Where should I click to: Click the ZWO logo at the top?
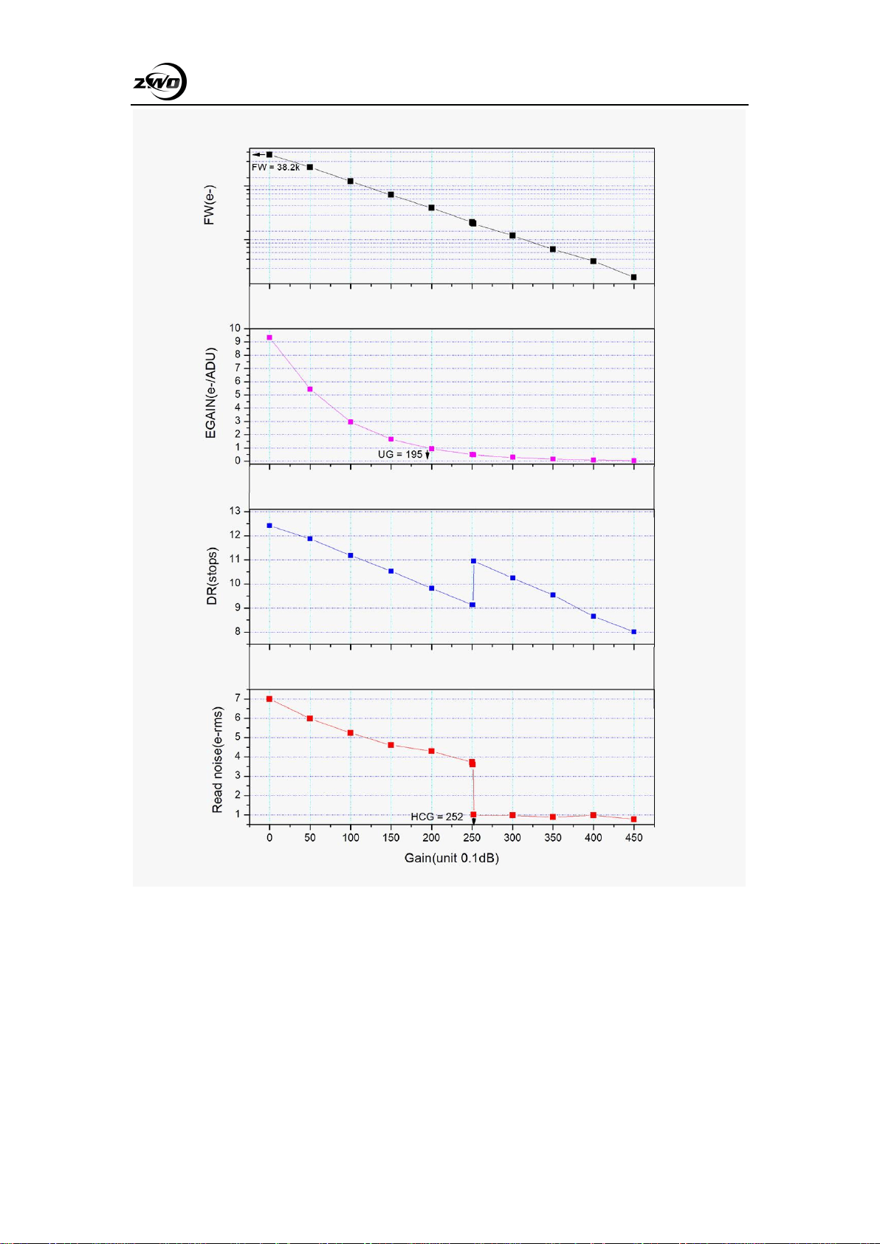click(160, 82)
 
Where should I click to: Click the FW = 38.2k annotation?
click(275, 167)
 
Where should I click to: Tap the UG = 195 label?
click(400, 454)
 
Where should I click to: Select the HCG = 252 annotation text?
click(437, 817)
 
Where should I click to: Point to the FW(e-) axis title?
click(210, 205)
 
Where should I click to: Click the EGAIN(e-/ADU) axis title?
click(210, 394)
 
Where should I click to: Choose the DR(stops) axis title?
click(212, 576)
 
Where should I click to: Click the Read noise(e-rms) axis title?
click(217, 760)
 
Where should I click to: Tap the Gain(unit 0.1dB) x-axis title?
click(451, 858)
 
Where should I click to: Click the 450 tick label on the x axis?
click(634, 837)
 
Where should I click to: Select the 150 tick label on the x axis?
click(391, 837)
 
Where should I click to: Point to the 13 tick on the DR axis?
click(236, 511)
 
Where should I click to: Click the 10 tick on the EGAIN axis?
click(236, 329)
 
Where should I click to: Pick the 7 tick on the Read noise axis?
click(238, 698)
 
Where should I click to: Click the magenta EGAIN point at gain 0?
click(269, 337)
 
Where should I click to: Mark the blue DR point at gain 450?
click(634, 632)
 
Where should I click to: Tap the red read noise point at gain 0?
click(269, 699)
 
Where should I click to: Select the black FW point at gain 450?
click(633, 277)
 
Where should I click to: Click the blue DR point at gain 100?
click(351, 555)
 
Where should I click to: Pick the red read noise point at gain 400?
click(593, 815)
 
